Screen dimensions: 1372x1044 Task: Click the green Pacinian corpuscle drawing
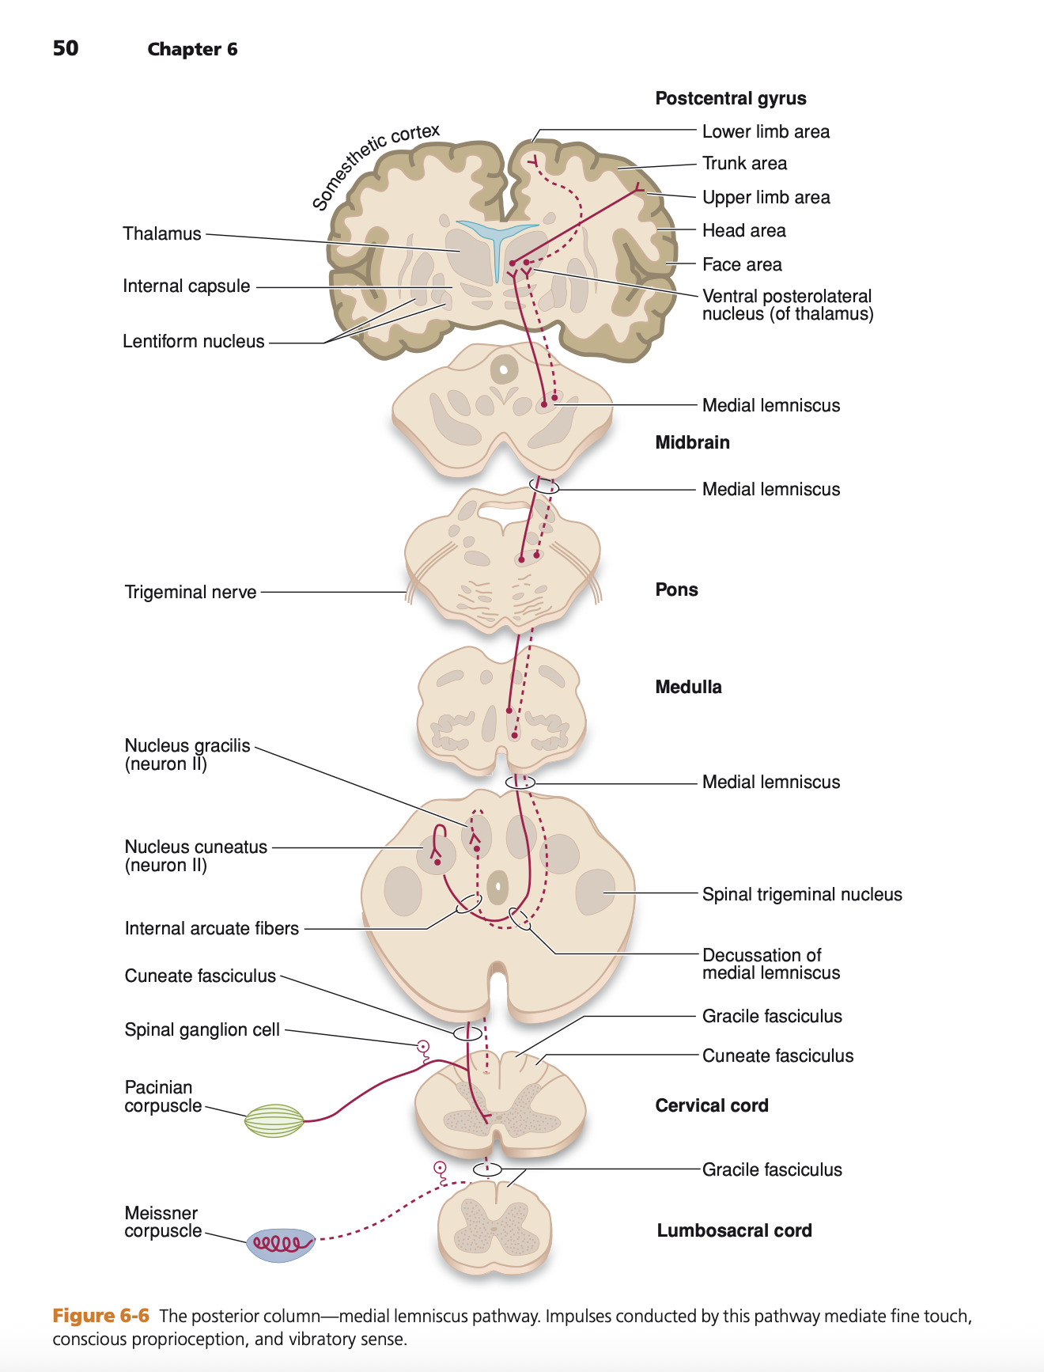[274, 1120]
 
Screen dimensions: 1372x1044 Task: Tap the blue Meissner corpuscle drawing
[280, 1245]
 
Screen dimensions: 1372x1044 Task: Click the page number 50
[66, 48]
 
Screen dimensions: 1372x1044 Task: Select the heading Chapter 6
[192, 49]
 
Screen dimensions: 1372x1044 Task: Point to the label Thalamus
[162, 233]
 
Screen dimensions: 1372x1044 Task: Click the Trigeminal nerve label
[191, 592]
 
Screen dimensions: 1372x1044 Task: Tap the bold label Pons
[676, 589]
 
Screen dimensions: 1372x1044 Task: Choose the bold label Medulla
[688, 687]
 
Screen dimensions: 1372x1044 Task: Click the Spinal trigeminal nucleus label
[802, 894]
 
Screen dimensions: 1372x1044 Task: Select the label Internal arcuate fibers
[212, 928]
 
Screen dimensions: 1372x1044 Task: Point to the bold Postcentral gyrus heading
[731, 98]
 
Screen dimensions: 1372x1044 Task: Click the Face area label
[742, 264]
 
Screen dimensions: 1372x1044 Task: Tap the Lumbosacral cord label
[734, 1230]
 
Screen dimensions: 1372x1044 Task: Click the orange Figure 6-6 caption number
[100, 1316]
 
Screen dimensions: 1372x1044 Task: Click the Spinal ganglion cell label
[202, 1029]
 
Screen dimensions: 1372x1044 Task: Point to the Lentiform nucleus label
[194, 341]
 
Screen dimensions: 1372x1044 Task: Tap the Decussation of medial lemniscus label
[770, 964]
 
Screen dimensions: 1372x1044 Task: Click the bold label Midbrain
[692, 442]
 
